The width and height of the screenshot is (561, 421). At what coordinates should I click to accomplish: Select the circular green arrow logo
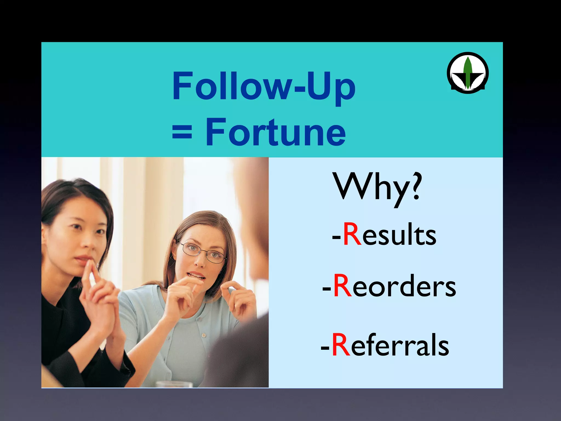(x=468, y=73)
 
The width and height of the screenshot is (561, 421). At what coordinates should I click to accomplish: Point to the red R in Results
(x=352, y=235)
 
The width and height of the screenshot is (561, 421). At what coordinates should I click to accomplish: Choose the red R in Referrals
(x=341, y=345)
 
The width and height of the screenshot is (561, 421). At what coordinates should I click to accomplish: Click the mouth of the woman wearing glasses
(x=196, y=275)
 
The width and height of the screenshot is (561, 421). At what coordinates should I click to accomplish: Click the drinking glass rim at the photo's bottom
(x=174, y=383)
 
